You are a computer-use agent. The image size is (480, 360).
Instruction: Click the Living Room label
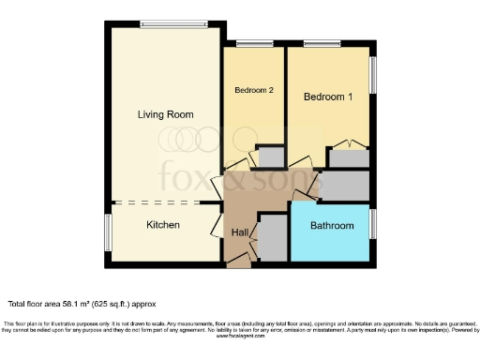tap(165, 114)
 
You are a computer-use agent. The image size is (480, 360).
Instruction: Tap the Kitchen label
tap(162, 225)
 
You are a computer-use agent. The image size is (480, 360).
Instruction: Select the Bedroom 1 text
tap(328, 97)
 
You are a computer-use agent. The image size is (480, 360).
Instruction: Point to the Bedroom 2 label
tap(254, 91)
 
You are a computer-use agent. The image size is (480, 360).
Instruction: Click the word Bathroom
tap(332, 226)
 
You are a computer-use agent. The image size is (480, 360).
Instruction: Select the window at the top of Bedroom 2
tap(254, 43)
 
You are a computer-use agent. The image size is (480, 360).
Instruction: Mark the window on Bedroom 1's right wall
tap(371, 76)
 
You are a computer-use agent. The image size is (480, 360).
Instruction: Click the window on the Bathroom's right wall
tap(371, 224)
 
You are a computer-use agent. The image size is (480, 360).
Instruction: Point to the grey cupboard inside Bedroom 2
tap(271, 156)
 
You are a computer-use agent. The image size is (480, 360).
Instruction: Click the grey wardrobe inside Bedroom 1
tap(349, 158)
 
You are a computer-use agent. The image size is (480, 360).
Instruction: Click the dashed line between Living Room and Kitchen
tap(164, 202)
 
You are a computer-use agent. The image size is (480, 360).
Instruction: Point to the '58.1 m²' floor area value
tap(83, 304)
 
